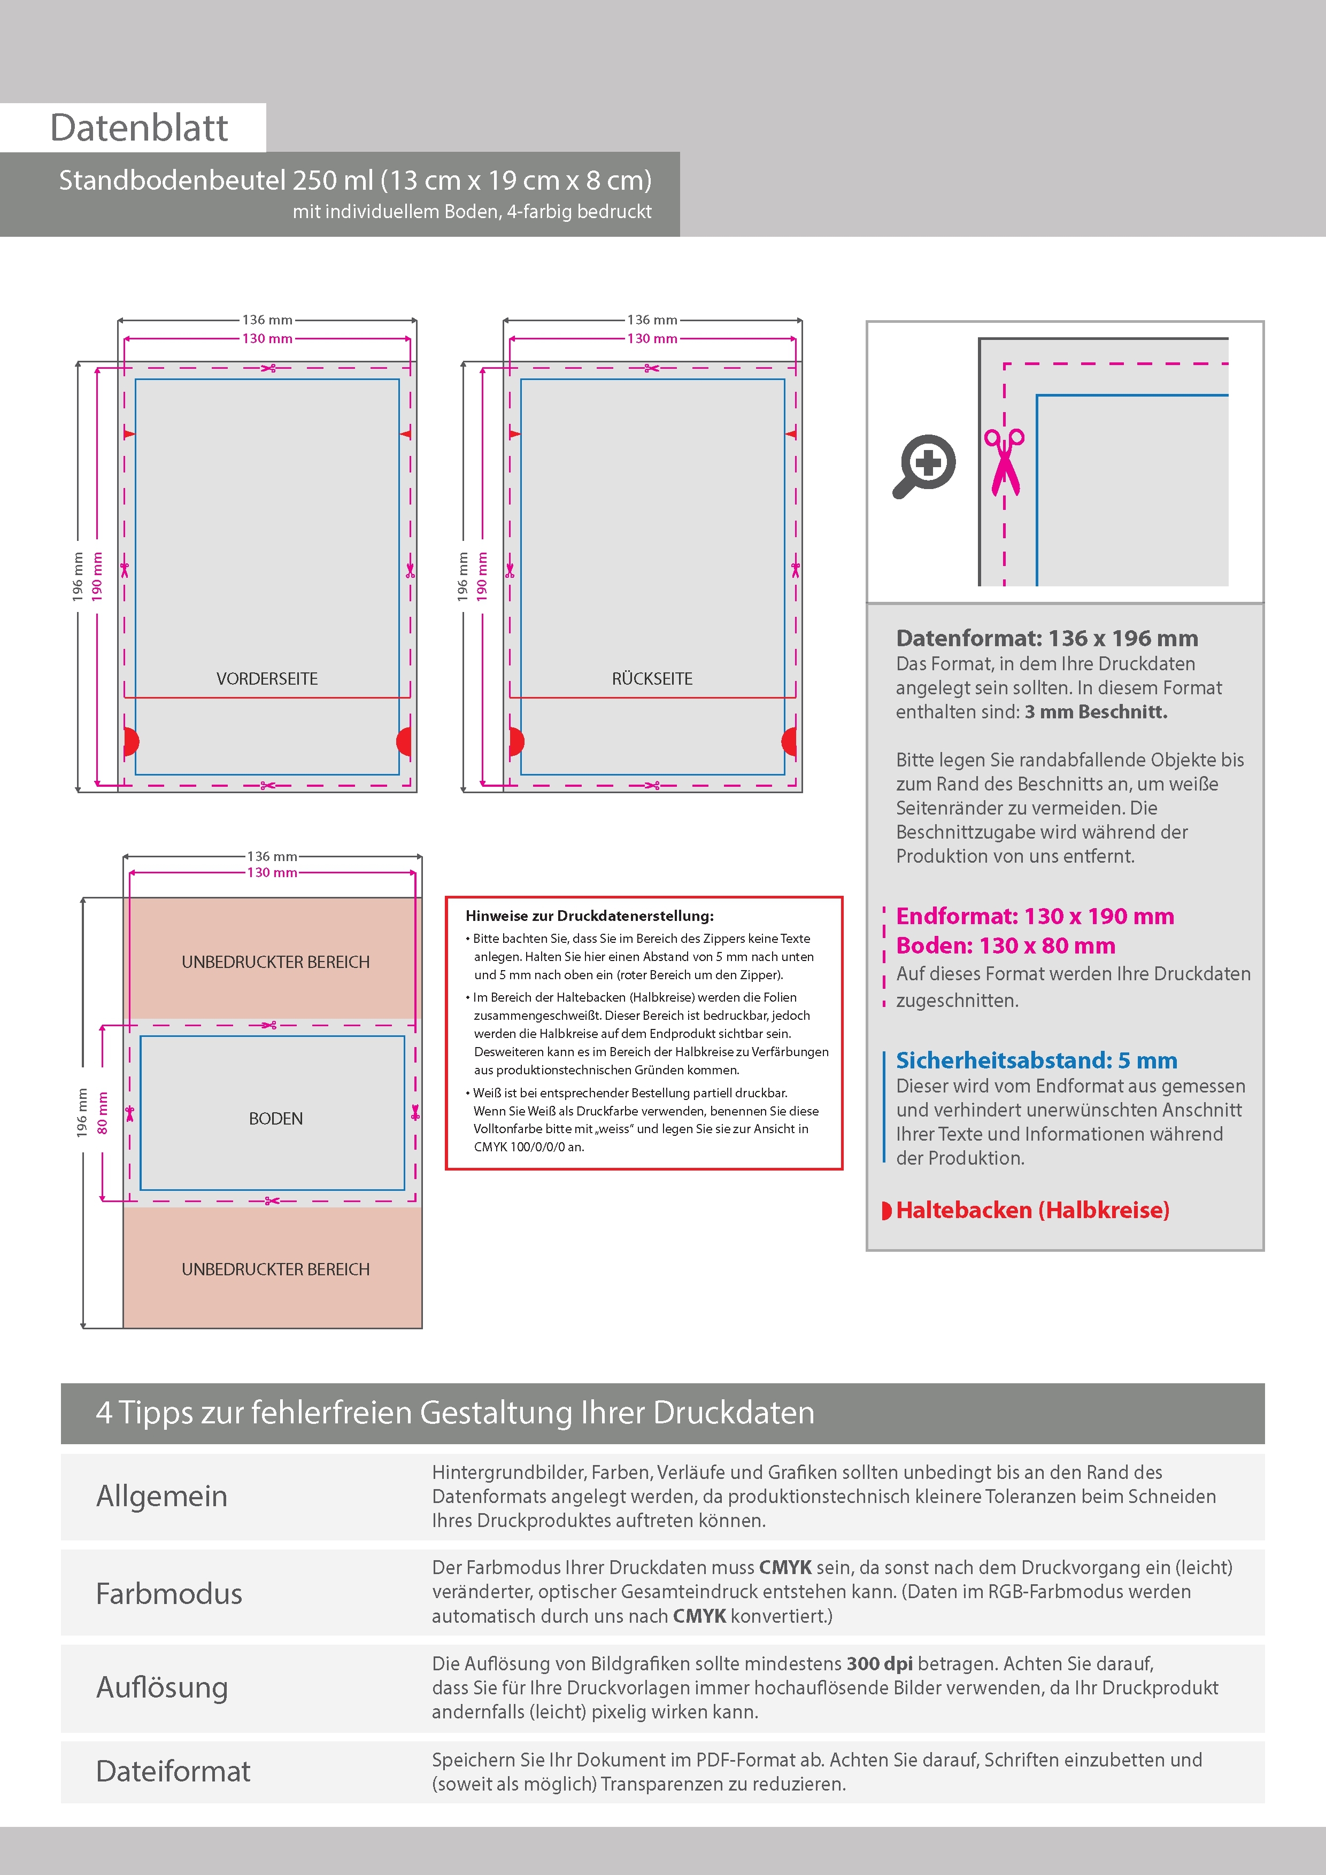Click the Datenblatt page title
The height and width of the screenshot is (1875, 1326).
point(139,128)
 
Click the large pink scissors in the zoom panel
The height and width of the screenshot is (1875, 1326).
point(1004,461)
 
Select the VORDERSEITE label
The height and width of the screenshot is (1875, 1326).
point(267,679)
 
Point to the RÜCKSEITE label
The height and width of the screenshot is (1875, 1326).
point(652,679)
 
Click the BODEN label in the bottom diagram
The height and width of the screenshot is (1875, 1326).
point(275,1118)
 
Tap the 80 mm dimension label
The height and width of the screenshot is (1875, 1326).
point(102,1112)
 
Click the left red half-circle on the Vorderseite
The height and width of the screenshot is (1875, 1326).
point(130,741)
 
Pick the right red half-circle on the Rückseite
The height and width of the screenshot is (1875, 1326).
point(789,741)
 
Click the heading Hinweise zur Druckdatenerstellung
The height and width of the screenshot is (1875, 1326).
point(589,916)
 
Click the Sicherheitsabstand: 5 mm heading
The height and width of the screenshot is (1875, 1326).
point(1036,1060)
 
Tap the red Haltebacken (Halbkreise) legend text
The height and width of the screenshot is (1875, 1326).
point(1032,1210)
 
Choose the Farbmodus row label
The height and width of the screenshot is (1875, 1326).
point(169,1593)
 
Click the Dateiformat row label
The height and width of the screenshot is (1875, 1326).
point(173,1770)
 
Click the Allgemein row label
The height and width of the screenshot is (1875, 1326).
point(162,1496)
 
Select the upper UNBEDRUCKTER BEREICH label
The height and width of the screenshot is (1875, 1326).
point(275,962)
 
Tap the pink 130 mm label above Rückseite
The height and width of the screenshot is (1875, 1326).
point(652,338)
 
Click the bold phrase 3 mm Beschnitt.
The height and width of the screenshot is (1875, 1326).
point(1096,711)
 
